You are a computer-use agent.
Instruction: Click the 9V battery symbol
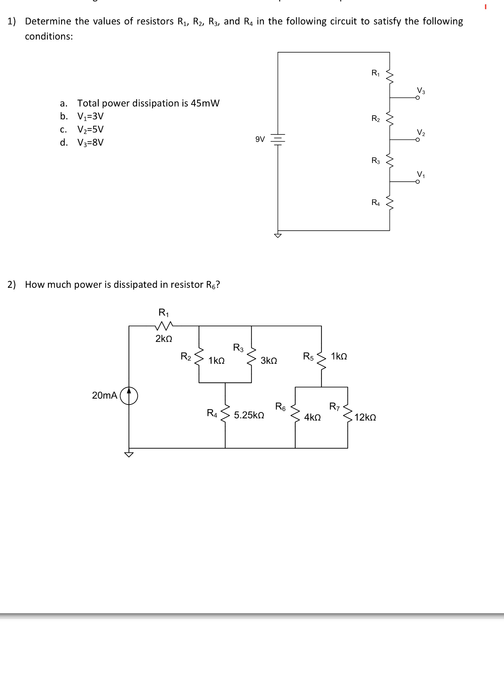pos(278,139)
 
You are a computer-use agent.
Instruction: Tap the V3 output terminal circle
pos(417,98)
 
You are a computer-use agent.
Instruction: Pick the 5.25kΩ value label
pos(249,415)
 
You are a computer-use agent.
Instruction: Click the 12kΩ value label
pos(365,418)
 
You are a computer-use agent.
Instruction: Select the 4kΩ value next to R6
pos(312,418)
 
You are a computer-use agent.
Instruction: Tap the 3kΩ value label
pos(269,361)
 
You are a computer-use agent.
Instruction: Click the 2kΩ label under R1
pos(164,338)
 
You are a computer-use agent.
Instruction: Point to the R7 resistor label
pos(334,407)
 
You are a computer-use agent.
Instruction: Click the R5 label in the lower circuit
pos(308,356)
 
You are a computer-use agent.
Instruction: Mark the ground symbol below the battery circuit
pos(278,235)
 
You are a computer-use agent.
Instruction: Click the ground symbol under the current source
pos(129,454)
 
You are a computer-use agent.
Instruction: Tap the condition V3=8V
pos(90,143)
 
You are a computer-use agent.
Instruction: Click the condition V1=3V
pos(90,116)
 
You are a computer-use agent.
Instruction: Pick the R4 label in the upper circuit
pos(375,202)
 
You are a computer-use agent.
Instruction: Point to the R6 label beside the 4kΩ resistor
pos(280,406)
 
